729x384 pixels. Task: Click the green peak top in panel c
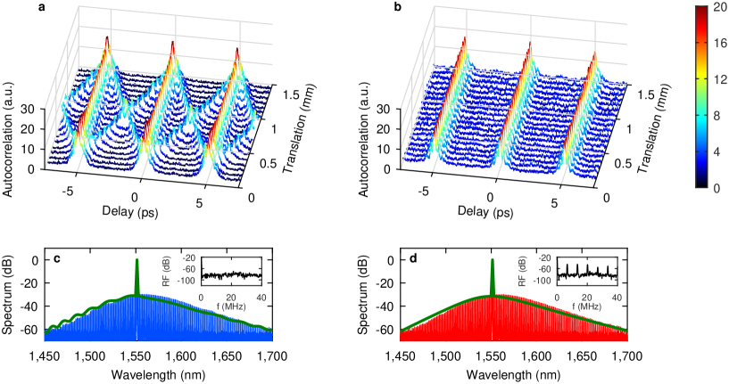coord(137,260)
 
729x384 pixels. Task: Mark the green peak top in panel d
coord(492,260)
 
